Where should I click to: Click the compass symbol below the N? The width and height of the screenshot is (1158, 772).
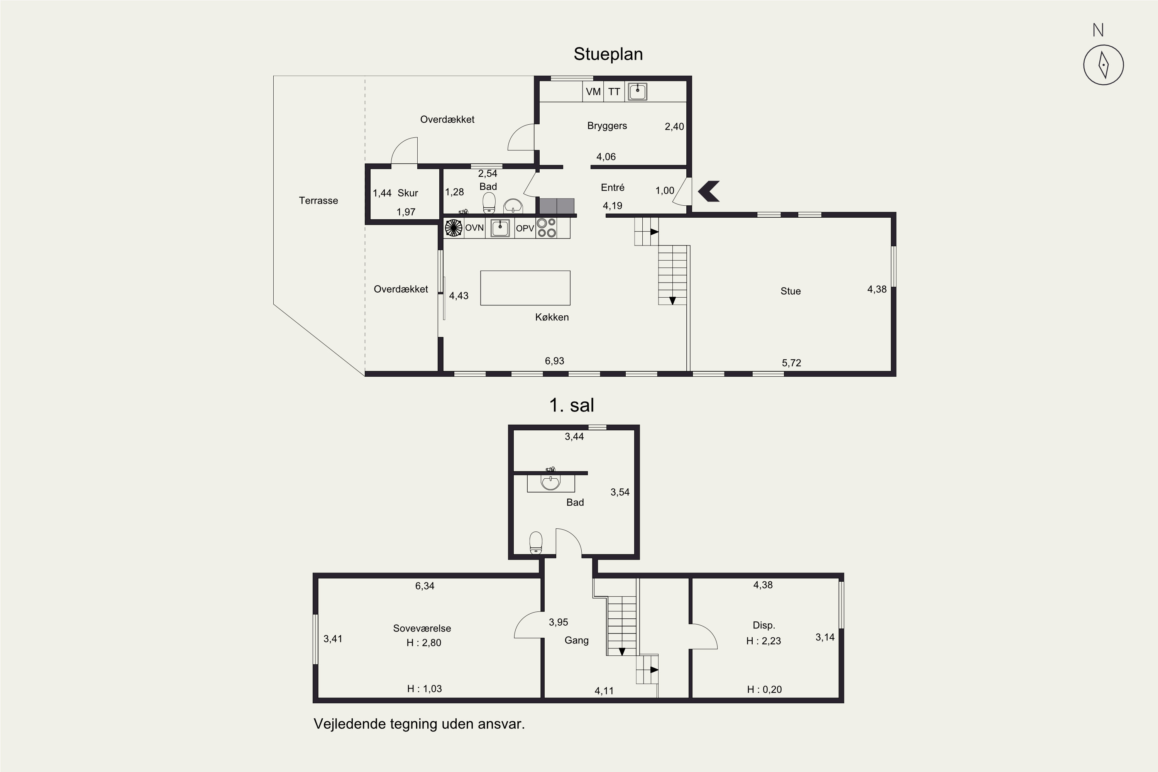coord(1103,65)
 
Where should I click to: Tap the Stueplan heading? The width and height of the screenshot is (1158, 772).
coord(608,54)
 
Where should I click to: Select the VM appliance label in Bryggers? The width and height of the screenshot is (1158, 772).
coord(593,91)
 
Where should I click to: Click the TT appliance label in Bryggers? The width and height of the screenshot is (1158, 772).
coord(614,91)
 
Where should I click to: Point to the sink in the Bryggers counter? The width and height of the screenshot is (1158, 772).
coord(638,91)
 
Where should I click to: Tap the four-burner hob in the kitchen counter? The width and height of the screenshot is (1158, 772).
coord(547,228)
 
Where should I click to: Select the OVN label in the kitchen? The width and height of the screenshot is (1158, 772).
coord(475,228)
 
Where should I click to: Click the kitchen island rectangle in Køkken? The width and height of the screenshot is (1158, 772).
coord(525,288)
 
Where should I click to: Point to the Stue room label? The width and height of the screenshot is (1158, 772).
coord(791,291)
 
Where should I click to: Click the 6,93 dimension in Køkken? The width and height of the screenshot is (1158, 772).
coord(554,361)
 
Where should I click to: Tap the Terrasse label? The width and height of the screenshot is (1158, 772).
coord(318,200)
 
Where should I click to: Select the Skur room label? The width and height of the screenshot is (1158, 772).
coord(408,193)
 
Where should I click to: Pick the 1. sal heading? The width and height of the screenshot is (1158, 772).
coord(572,405)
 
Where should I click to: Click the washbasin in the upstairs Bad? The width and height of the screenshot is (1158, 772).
coord(550,482)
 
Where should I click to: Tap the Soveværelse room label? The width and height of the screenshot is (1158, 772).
coord(422,628)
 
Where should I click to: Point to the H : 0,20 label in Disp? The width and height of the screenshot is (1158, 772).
coord(764,689)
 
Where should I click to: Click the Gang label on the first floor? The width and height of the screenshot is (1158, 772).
coord(577,640)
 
